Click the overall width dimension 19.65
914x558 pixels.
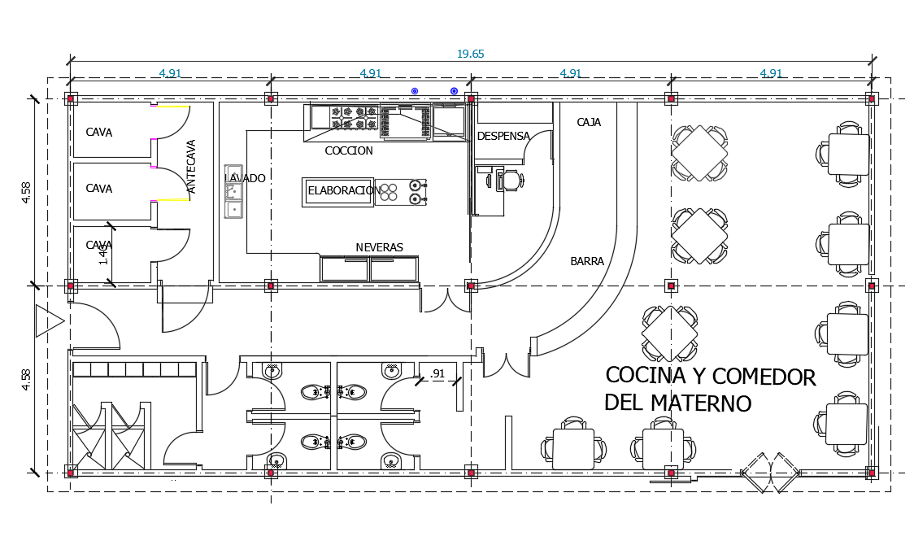point(470,54)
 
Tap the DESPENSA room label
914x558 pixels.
point(503,136)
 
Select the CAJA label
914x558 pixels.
point(589,123)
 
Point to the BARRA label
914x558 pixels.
point(587,262)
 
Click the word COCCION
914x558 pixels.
point(349,151)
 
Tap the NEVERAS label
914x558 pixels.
point(379,248)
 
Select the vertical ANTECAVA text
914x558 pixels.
point(192,167)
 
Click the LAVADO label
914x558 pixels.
point(245,178)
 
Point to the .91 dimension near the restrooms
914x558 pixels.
point(438,374)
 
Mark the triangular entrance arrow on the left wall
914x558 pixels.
point(47,322)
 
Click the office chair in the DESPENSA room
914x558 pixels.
point(511,180)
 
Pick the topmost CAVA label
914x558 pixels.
point(99,133)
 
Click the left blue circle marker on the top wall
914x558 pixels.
point(415,91)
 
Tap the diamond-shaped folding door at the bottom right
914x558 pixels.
point(770,473)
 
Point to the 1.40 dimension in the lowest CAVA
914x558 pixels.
point(103,255)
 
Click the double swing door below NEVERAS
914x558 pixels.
point(446,301)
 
